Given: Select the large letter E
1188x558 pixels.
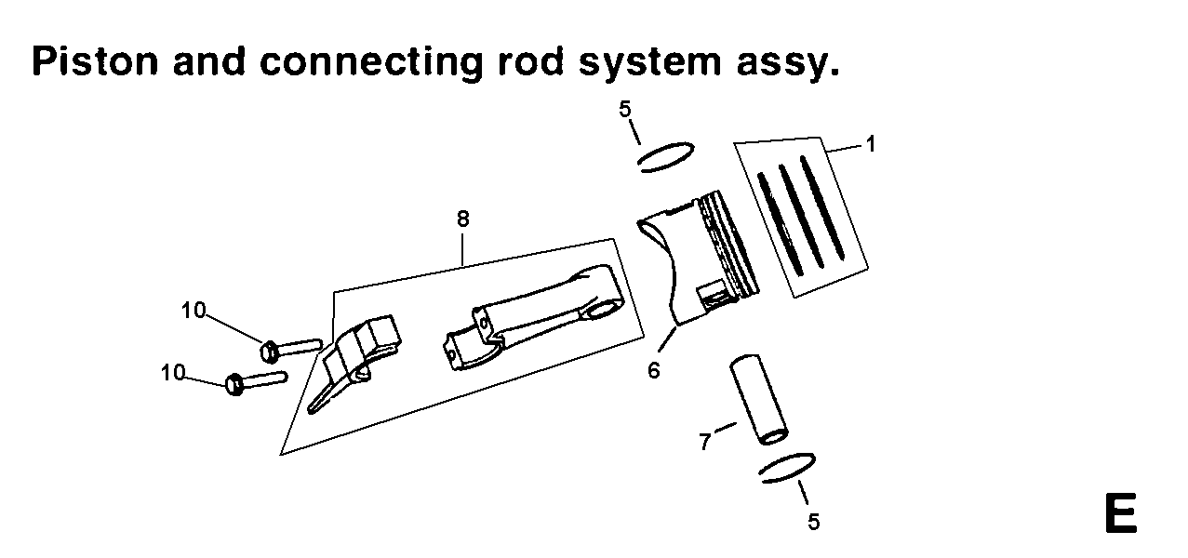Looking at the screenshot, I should [1119, 513].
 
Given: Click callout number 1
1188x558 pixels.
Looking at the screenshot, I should [871, 144].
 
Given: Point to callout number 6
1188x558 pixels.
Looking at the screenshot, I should [654, 370].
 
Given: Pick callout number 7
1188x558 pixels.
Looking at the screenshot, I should [705, 441].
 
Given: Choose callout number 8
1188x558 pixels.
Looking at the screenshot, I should [462, 219].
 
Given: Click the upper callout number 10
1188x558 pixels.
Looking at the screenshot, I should [194, 311].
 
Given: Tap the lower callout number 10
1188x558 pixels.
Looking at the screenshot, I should [173, 372].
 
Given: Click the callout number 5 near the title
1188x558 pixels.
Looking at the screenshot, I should [625, 110].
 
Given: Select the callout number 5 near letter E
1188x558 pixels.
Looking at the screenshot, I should [814, 522].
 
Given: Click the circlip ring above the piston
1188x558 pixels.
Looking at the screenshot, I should [667, 154].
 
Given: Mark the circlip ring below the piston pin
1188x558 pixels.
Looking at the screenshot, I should [788, 467].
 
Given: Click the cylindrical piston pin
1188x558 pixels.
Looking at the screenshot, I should [757, 399].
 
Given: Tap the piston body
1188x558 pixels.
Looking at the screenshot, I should [698, 260].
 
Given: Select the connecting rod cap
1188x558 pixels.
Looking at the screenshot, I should [355, 363].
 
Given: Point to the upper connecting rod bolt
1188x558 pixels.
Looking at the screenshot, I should [288, 348].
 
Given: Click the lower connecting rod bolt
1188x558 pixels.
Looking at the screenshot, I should [255, 380].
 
